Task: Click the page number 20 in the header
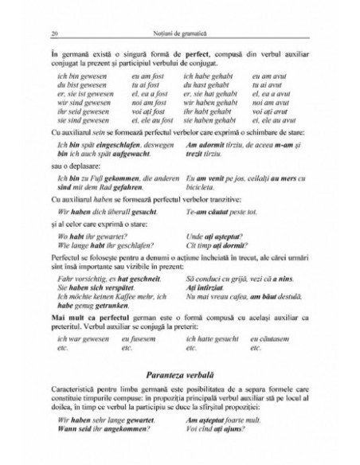click(x=52, y=34)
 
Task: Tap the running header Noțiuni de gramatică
click(x=180, y=34)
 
